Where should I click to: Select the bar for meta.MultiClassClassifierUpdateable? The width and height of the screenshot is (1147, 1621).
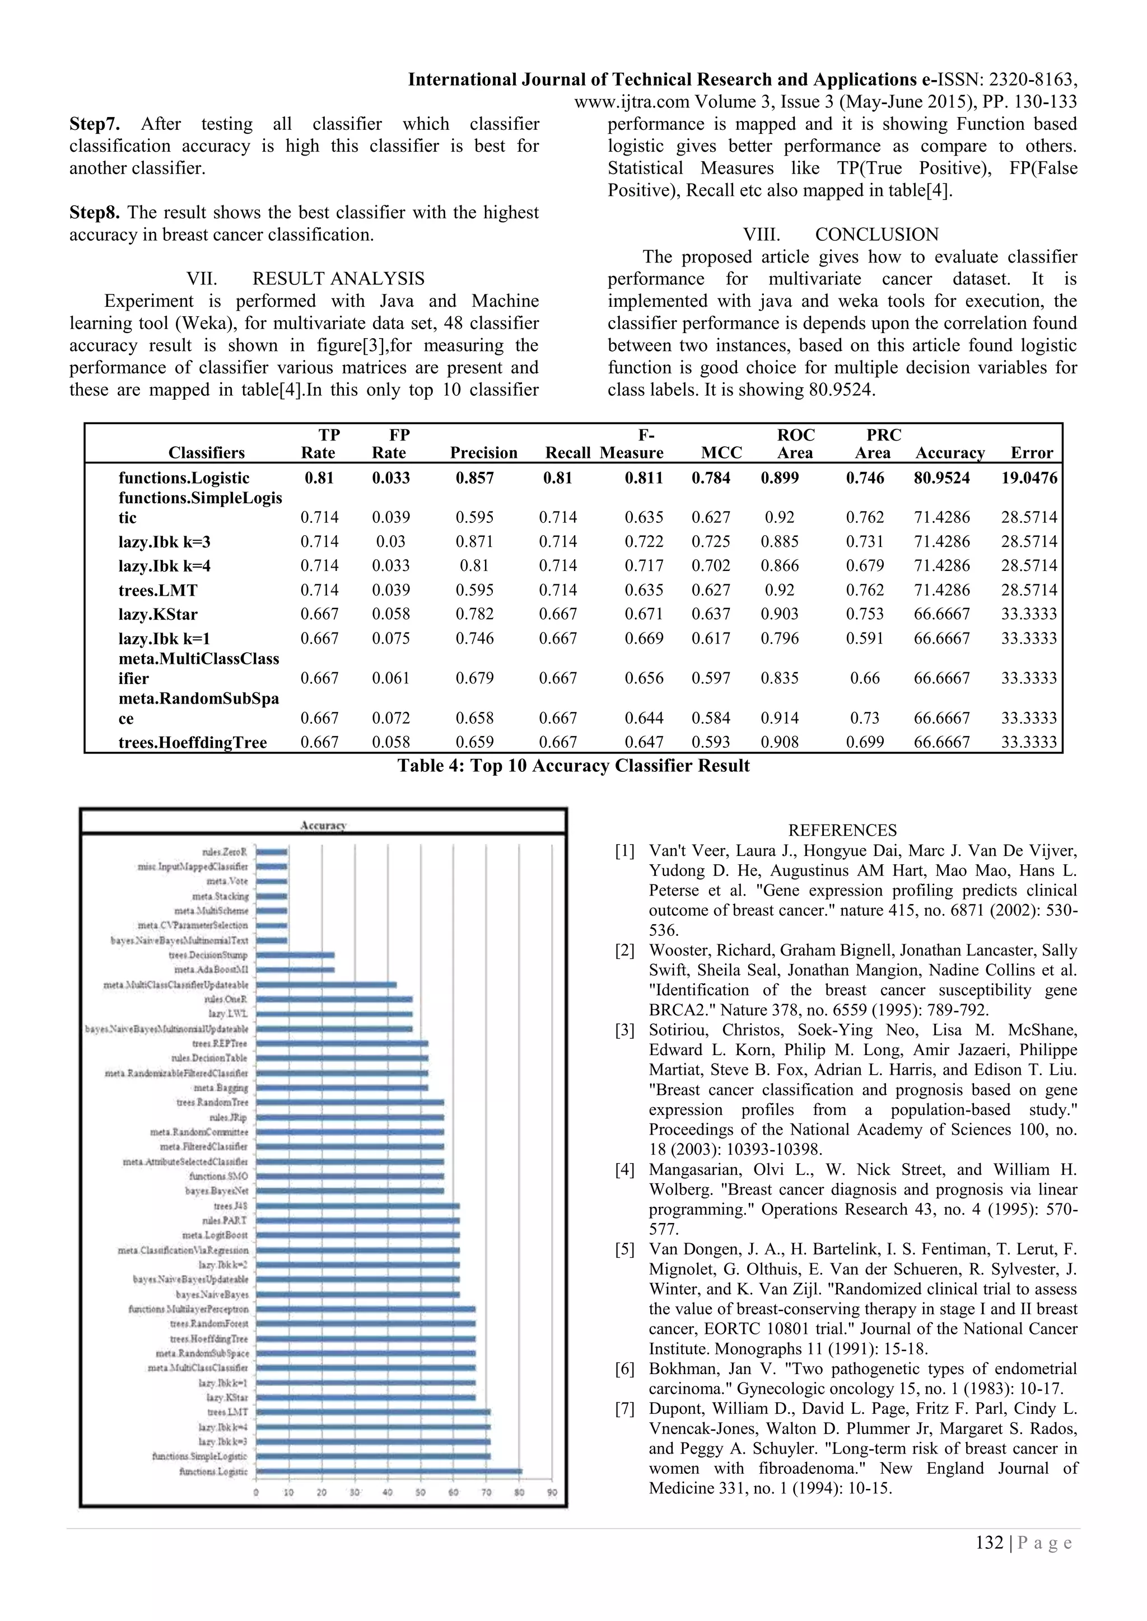(x=325, y=984)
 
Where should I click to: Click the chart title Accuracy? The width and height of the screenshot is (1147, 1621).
(x=323, y=824)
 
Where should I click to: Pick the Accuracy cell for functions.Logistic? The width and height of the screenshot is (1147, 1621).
(x=941, y=478)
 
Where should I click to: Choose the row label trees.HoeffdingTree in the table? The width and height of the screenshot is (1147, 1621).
(x=193, y=743)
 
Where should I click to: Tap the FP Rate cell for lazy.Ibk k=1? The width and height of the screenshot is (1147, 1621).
(x=390, y=638)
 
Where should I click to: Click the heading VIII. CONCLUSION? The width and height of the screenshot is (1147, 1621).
(x=841, y=235)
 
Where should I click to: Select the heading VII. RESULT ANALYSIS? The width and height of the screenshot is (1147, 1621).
(x=305, y=279)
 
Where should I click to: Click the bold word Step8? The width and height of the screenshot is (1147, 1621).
(x=95, y=213)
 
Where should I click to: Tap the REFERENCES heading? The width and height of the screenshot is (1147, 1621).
(x=842, y=830)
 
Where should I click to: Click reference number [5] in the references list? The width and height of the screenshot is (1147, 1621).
(x=624, y=1250)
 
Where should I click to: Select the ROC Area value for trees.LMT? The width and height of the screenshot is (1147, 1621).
(x=779, y=590)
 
